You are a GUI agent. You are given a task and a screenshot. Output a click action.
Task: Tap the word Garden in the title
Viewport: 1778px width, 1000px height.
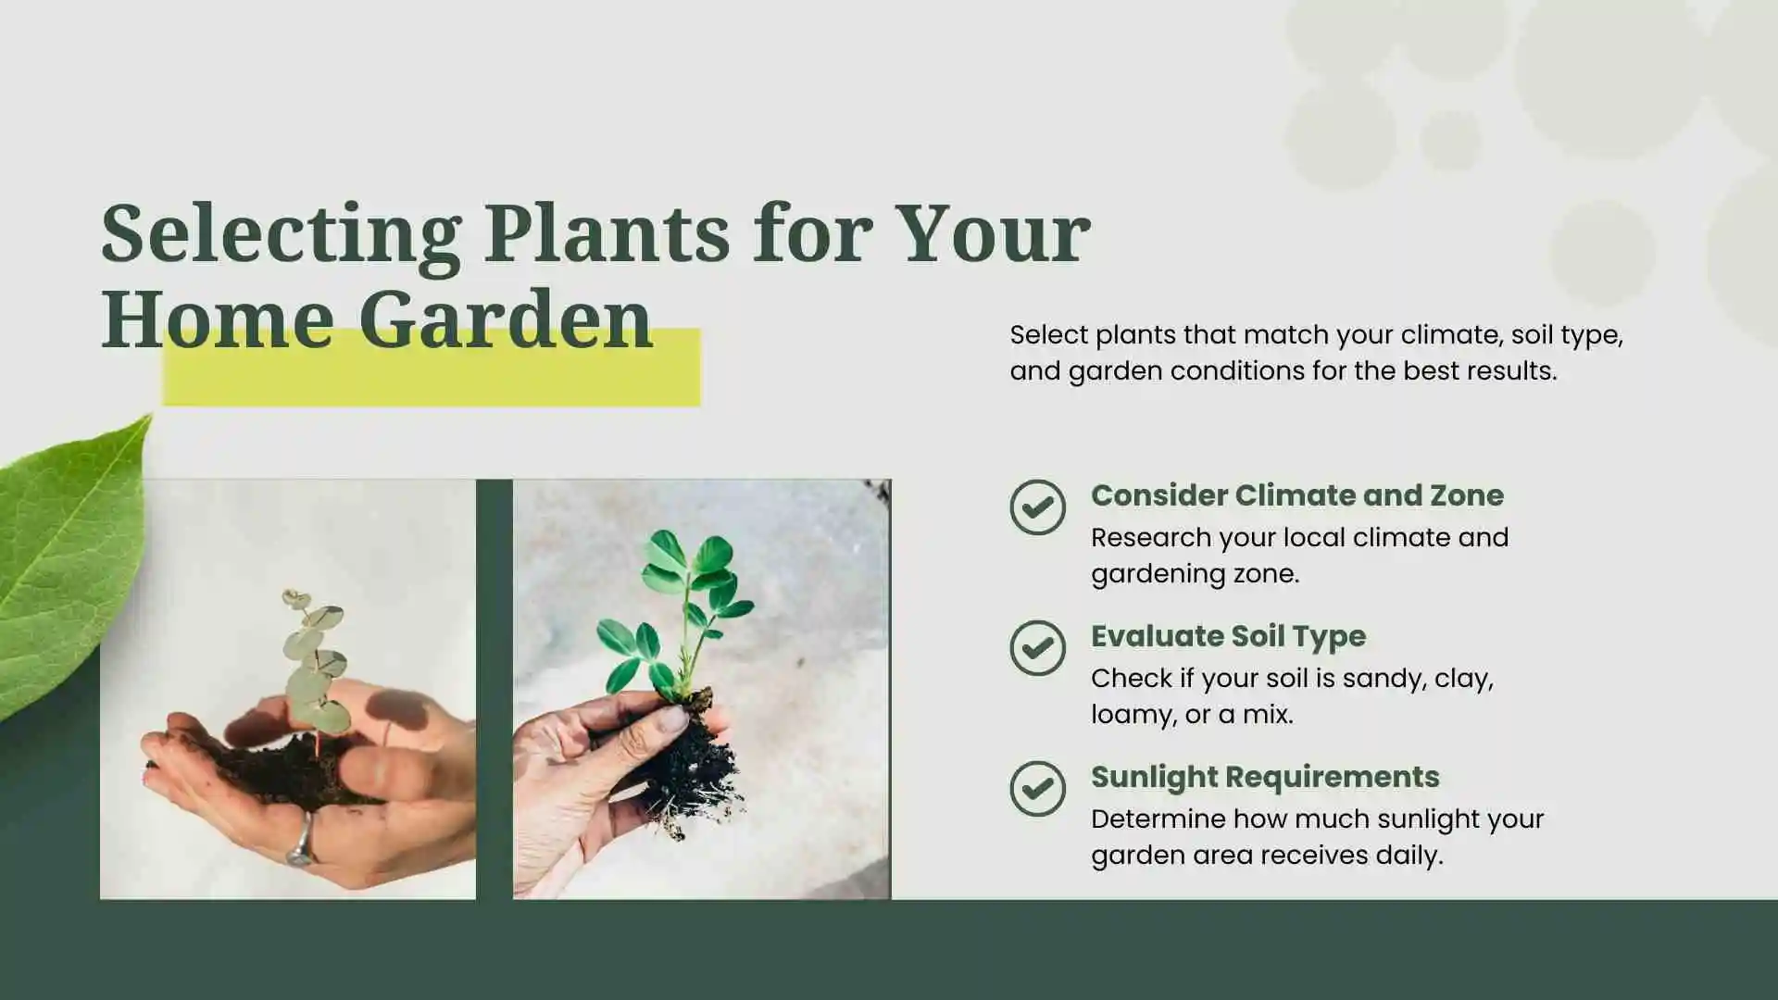point(506,319)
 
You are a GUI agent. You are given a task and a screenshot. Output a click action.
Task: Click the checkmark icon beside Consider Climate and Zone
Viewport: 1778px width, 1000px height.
point(1037,507)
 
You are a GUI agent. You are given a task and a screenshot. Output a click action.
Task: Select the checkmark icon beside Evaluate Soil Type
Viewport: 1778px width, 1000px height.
point(1037,648)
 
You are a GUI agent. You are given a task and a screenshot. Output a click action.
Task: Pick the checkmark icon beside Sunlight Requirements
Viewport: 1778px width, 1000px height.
point(1037,789)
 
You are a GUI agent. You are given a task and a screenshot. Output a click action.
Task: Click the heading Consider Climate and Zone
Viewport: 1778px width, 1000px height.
point(1296,495)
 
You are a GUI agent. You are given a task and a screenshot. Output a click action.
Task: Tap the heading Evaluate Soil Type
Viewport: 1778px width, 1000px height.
point(1228,636)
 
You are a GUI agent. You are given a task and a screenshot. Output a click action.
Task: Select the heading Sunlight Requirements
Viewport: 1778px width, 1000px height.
point(1265,777)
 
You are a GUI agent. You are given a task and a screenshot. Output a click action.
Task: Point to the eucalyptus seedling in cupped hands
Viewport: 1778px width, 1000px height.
point(313,662)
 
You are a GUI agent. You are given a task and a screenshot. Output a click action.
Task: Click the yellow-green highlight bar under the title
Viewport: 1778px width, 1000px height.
point(432,380)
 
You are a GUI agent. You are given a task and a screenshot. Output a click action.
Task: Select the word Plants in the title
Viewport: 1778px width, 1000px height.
point(607,233)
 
